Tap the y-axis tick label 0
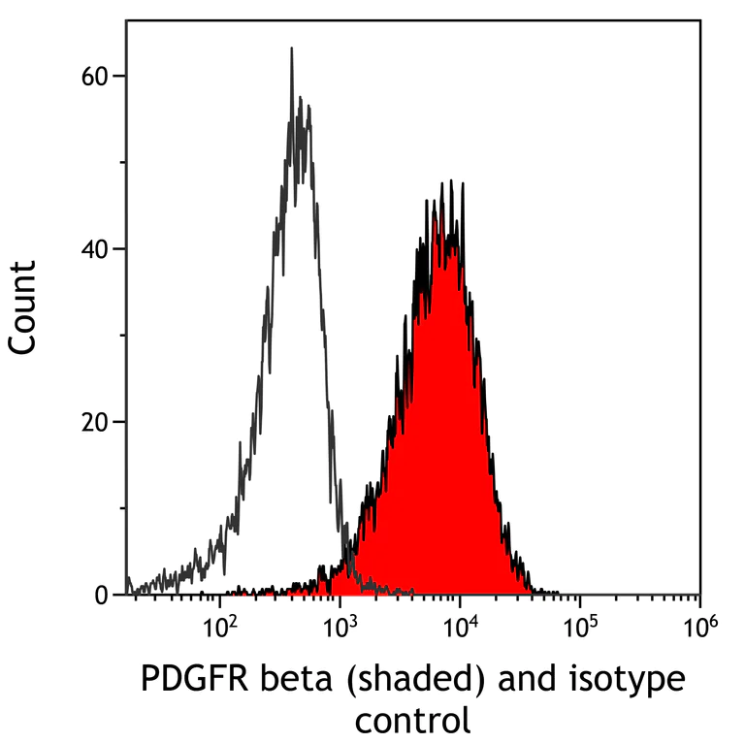coord(102,595)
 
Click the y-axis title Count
coord(23,307)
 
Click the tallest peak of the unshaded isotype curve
coord(291,48)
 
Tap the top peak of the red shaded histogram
coord(450,181)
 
